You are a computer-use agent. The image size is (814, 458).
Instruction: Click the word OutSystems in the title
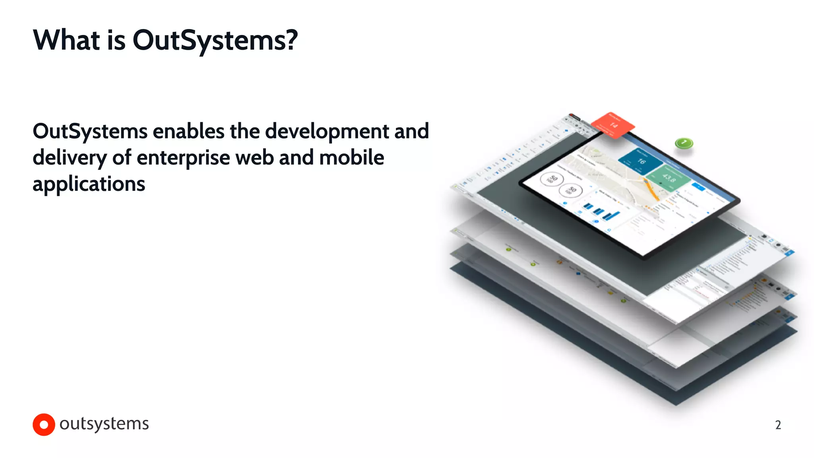(215, 41)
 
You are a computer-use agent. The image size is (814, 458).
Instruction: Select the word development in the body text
(327, 132)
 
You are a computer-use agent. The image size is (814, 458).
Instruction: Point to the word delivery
(70, 158)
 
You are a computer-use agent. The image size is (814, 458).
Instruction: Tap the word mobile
(351, 157)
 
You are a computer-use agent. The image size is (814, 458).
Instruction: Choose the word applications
(89, 184)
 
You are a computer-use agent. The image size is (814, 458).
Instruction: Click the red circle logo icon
(44, 425)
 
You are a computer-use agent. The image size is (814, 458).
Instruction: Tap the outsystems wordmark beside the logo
(104, 424)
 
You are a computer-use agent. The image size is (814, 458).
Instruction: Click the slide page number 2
(778, 425)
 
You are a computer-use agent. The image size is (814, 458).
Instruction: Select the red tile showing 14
(612, 124)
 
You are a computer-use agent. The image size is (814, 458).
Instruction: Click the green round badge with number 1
(684, 143)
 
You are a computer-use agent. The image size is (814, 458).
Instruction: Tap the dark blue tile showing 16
(640, 160)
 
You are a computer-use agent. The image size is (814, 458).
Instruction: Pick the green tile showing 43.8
(668, 178)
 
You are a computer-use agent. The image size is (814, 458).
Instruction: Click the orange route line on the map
(651, 190)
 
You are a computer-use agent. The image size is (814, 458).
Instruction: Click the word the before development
(244, 131)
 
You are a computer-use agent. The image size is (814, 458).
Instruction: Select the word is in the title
(116, 41)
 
